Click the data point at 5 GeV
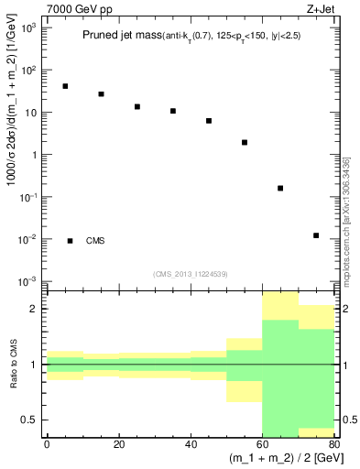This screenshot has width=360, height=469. (x=65, y=86)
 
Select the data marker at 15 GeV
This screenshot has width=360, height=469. (x=101, y=94)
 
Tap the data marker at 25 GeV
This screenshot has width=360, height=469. (x=136, y=106)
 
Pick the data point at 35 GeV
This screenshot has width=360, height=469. (x=172, y=111)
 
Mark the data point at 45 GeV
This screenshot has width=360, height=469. (x=209, y=121)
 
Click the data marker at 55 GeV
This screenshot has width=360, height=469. (x=245, y=142)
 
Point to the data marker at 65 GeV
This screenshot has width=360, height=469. (x=280, y=188)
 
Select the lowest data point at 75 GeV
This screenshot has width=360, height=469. (x=316, y=235)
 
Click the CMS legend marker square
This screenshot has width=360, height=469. (x=71, y=241)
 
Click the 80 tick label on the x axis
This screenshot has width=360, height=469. (x=334, y=444)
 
